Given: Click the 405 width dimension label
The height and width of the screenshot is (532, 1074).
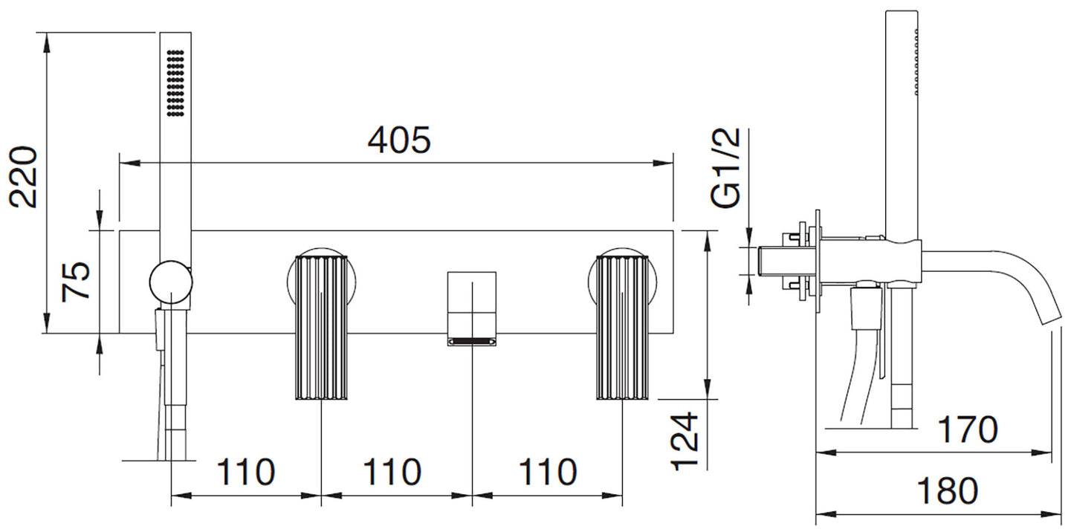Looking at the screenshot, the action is coord(399,140).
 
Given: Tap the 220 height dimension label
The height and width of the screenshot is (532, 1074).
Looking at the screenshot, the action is coord(24,177).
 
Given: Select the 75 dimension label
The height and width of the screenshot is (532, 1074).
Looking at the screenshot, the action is coord(76,282).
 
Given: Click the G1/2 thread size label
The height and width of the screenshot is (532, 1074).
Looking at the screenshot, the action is coord(726,168).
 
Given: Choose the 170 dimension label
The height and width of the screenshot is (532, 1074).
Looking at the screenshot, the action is coord(967,429).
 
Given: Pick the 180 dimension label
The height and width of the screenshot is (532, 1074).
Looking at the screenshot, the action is coord(947,490).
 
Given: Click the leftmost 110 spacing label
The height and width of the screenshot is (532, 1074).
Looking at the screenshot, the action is coord(246,472).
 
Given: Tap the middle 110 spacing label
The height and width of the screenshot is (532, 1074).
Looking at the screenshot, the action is coord(392,472).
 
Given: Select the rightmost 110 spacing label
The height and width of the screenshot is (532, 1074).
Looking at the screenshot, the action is coord(548,472).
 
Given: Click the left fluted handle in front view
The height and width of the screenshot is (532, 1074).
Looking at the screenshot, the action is coord(321,328).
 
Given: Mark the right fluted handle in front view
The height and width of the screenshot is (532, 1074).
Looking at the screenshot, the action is coord(622,328).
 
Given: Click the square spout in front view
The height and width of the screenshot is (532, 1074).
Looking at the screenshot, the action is coord(472,308).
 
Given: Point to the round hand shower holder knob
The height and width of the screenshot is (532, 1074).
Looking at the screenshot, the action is coord(171,282).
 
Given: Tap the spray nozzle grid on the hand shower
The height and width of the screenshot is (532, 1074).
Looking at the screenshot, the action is coord(175,82).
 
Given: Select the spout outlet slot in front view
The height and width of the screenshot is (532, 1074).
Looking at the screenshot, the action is coord(472,341).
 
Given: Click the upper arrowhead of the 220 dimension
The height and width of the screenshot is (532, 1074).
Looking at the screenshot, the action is coord(47,42).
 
